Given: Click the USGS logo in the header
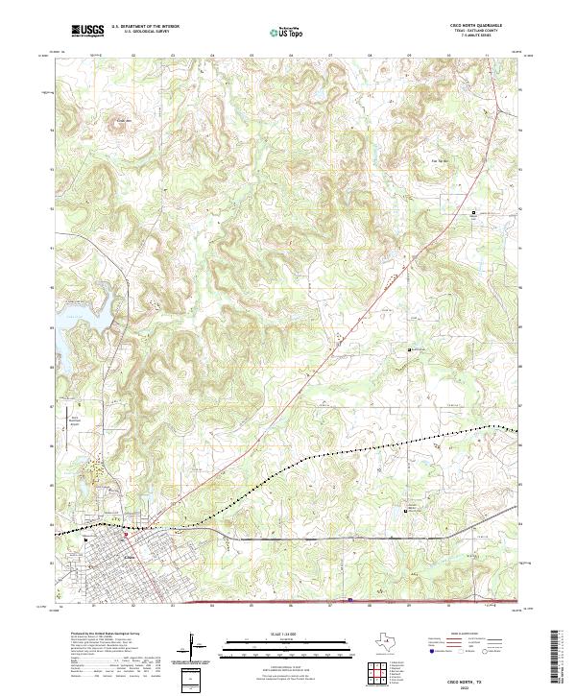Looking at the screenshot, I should pos(88,32).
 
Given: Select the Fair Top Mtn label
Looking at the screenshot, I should pos(442,160).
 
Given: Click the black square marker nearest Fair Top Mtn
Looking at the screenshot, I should pos(472,212).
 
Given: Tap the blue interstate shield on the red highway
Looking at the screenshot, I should pos(350,602).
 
